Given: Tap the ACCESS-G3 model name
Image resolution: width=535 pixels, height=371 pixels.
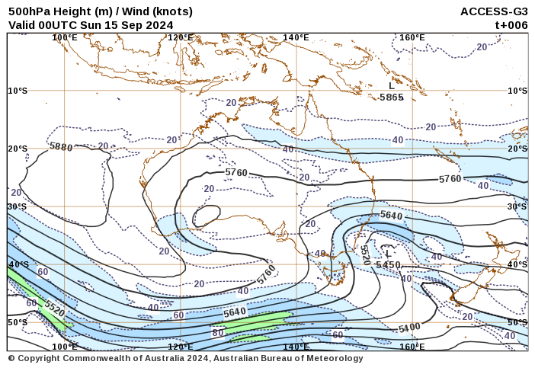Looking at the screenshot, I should click(x=494, y=11).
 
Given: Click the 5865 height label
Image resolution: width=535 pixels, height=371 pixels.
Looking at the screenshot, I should click(x=392, y=98).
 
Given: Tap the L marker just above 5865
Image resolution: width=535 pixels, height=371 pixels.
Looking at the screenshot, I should click(x=392, y=86).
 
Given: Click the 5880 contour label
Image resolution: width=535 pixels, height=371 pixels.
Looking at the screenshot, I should click(x=60, y=146).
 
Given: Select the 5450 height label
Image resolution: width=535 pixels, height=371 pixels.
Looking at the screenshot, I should click(x=388, y=264).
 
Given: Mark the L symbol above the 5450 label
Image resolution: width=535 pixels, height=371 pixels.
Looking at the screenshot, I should click(x=388, y=254).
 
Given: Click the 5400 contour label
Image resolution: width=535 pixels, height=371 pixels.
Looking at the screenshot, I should click(x=409, y=328).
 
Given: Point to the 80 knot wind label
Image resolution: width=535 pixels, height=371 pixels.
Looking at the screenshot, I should click(x=218, y=332).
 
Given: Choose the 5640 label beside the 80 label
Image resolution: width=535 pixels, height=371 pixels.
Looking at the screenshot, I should click(x=235, y=312).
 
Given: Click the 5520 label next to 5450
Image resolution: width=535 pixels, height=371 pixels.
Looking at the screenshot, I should click(x=364, y=255).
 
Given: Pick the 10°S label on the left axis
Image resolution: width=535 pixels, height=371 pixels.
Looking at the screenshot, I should click(x=18, y=91).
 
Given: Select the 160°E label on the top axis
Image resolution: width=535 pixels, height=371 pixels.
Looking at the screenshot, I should click(x=412, y=37).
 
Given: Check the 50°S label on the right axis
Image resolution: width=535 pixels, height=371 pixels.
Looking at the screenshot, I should click(x=517, y=322).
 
